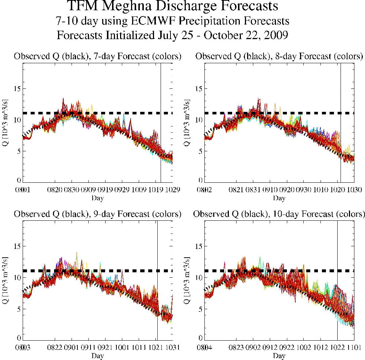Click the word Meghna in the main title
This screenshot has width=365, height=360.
(146, 7)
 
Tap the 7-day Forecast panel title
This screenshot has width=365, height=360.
(97, 57)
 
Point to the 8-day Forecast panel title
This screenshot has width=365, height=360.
(279, 57)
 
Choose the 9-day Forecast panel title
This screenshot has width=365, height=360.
(97, 214)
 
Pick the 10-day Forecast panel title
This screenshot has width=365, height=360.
(279, 214)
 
